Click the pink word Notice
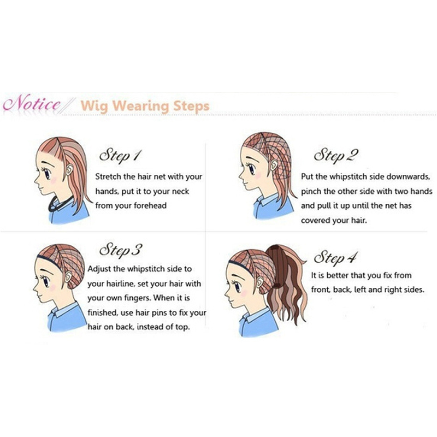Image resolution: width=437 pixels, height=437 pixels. (32, 104)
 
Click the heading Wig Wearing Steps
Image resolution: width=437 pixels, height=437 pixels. (145, 106)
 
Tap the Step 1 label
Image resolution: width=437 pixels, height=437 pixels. (120, 156)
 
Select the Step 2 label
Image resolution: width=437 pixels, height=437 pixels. (336, 155)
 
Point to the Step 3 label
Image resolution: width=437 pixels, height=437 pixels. (121, 250)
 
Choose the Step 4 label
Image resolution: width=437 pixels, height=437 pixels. (335, 257)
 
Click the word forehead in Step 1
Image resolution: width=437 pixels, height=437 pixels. (150, 206)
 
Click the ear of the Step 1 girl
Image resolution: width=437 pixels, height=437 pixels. (69, 169)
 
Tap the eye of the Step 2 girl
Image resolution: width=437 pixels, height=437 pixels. (251, 168)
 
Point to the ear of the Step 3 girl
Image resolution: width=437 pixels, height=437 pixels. (68, 276)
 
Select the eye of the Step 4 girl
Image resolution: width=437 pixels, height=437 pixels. (237, 286)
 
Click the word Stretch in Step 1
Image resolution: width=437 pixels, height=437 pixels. (108, 176)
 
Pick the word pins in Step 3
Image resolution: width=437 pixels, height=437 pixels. (159, 312)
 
